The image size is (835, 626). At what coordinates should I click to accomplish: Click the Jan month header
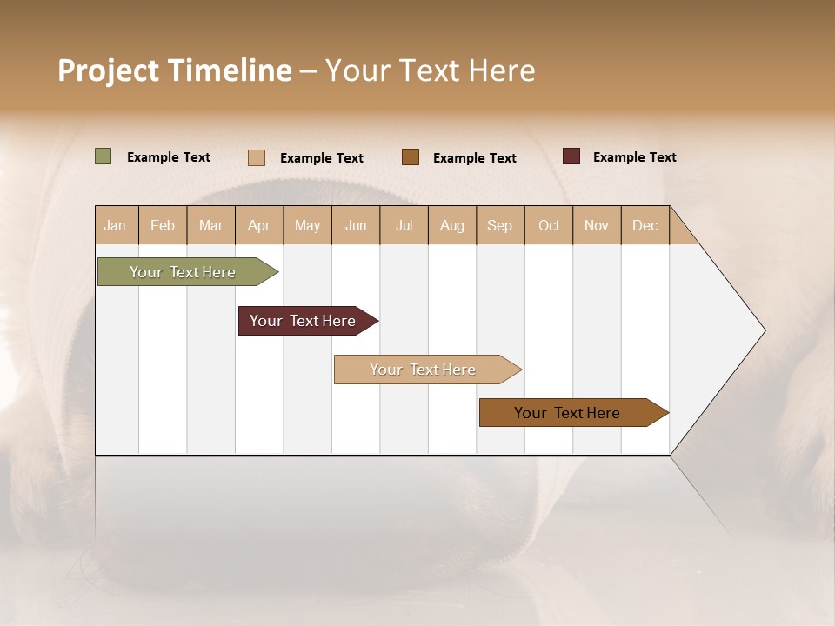click(x=116, y=225)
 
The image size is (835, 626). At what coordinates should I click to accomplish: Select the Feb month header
click(x=163, y=225)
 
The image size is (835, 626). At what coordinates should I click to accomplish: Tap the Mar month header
click(x=210, y=225)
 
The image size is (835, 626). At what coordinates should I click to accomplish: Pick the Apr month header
click(x=259, y=225)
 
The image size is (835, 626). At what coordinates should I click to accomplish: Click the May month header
click(x=307, y=225)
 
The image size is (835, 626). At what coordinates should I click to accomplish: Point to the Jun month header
click(x=356, y=225)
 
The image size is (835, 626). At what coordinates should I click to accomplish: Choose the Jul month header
click(x=404, y=225)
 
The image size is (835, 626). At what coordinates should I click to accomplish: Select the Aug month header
click(x=452, y=225)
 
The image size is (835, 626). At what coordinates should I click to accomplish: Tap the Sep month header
click(x=500, y=225)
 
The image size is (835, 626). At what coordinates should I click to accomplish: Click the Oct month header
click(x=549, y=225)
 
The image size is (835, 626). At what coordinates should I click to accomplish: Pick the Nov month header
click(x=597, y=225)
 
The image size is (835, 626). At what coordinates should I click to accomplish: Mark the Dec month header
click(x=645, y=225)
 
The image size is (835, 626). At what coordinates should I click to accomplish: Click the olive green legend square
click(x=104, y=156)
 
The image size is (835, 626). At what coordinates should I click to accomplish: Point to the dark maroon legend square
click(x=571, y=156)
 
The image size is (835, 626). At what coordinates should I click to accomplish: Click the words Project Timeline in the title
click(x=175, y=70)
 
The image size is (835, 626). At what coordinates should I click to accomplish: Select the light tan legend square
click(x=257, y=157)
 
